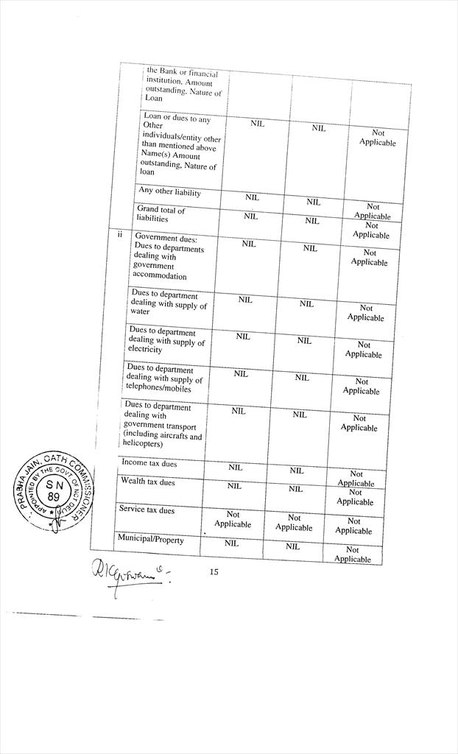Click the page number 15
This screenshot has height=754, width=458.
coord(214,571)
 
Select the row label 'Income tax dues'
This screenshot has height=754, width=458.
coord(149,463)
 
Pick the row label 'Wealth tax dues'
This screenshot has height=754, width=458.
coord(148,482)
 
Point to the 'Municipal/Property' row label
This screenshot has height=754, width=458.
coord(150,539)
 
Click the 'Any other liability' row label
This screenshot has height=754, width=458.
coord(169,192)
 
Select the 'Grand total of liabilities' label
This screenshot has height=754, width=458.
coord(161,214)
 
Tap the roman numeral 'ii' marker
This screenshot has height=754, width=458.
coord(120,235)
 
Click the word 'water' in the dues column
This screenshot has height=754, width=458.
coord(140,311)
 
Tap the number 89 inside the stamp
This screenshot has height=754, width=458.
coord(54,498)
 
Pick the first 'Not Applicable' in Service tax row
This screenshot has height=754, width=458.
coord(233,519)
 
